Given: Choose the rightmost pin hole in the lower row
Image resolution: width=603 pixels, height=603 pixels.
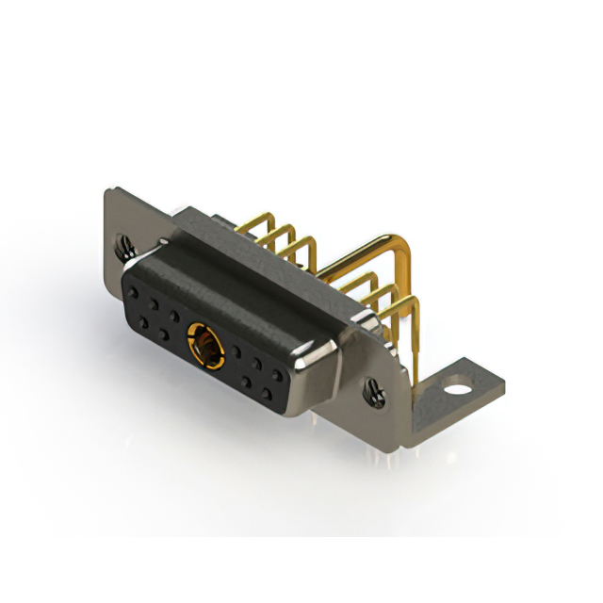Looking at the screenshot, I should click(x=273, y=389).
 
